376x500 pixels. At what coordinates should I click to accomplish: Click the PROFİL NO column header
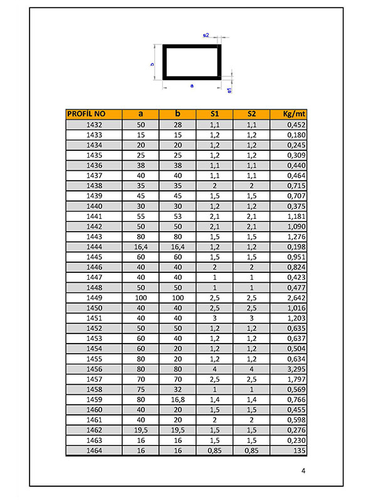click(x=86, y=114)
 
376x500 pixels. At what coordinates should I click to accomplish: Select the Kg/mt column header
click(x=288, y=114)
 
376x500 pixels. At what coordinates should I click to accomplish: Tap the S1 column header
click(x=214, y=114)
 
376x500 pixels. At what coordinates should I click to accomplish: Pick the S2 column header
click(x=251, y=114)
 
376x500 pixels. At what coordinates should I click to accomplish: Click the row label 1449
click(x=94, y=298)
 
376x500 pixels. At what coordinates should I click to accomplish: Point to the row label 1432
click(x=94, y=125)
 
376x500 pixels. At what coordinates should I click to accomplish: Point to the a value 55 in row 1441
click(x=140, y=217)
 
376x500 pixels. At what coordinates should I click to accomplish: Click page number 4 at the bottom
click(x=303, y=471)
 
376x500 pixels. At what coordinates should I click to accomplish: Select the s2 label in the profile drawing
click(x=206, y=36)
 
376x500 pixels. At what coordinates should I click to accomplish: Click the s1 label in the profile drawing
click(x=230, y=91)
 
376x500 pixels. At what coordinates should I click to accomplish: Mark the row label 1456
click(x=94, y=370)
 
